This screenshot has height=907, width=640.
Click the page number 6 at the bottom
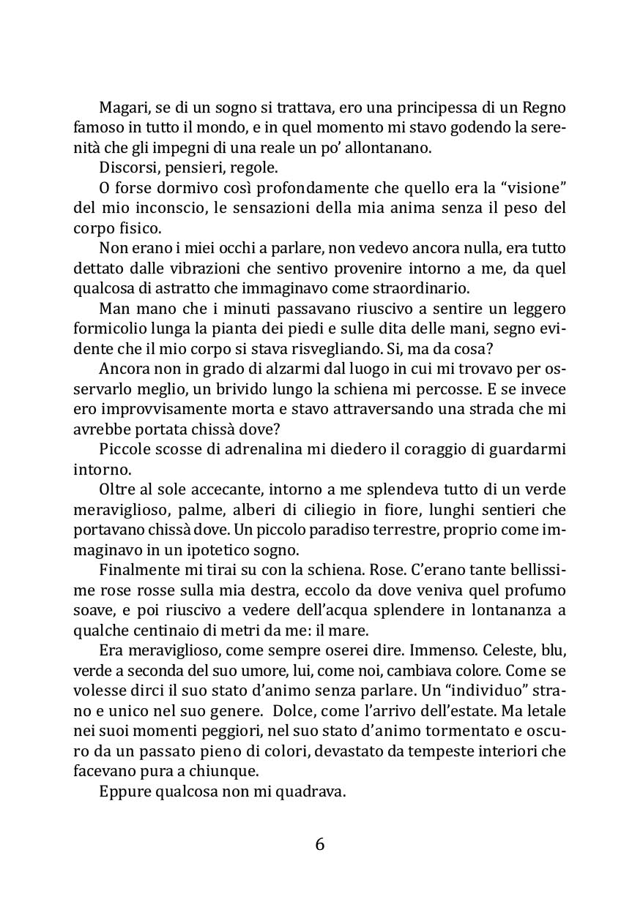tap(319, 844)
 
